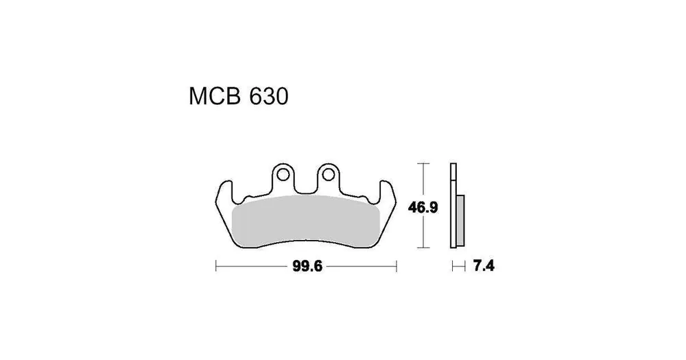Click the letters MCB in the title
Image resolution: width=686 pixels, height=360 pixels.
click(215, 96)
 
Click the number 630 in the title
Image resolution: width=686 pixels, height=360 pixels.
click(269, 96)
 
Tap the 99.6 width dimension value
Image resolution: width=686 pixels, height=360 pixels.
click(307, 266)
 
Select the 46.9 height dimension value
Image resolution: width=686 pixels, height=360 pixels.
click(423, 207)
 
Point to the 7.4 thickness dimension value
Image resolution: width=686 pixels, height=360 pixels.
click(484, 265)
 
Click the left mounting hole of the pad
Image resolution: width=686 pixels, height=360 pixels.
click(283, 175)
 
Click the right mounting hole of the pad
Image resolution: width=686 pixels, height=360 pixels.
click(328, 175)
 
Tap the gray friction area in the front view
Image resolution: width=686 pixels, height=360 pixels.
click(305, 221)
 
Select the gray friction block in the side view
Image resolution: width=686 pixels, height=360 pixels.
click(460, 220)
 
